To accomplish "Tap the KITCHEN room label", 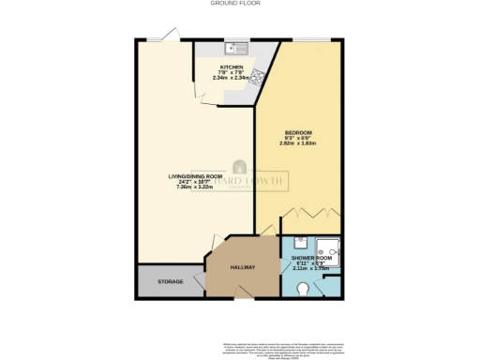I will [x=232, y=68].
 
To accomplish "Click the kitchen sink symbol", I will [x=233, y=48].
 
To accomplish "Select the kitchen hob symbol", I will [x=256, y=76].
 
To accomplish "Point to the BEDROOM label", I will [x=299, y=133].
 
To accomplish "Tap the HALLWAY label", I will [x=243, y=268].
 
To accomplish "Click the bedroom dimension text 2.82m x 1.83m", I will [x=299, y=144].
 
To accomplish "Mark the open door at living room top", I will [x=170, y=36].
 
